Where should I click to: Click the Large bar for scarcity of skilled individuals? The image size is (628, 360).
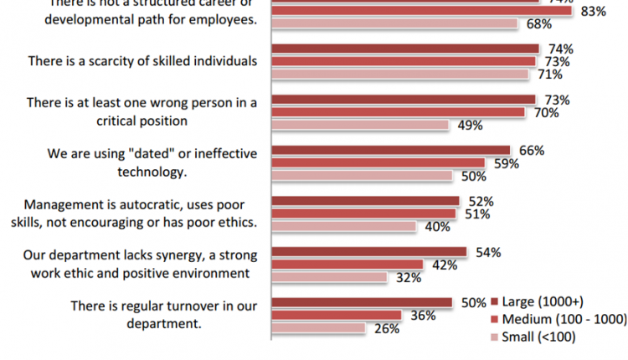(405, 49)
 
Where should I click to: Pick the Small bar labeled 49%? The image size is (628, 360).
(360, 126)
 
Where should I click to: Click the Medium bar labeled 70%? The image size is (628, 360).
(399, 112)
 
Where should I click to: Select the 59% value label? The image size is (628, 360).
(505, 163)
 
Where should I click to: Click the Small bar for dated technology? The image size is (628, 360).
(361, 176)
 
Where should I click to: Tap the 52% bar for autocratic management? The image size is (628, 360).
(365, 201)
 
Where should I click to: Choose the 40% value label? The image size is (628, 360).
(435, 227)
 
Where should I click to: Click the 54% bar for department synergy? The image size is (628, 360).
(368, 251)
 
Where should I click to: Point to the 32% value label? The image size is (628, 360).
(407, 278)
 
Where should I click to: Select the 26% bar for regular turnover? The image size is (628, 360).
(318, 328)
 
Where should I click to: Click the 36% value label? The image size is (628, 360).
(425, 316)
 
